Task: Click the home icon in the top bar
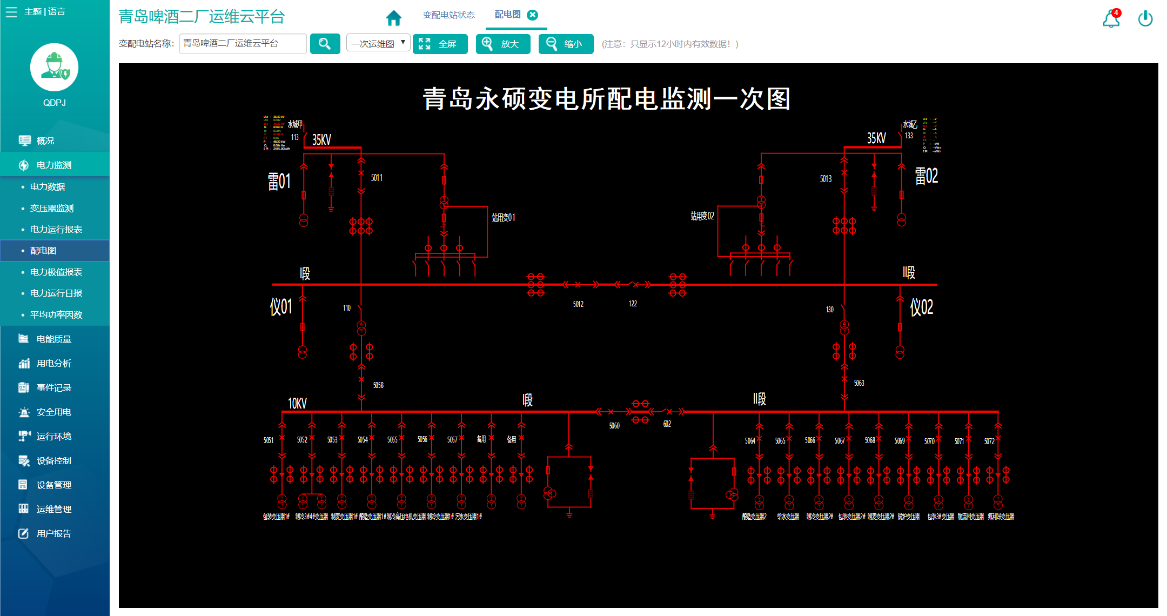click(x=394, y=18)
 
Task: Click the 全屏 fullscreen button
click(x=440, y=44)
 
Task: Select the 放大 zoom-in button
click(x=502, y=44)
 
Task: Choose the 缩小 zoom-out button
click(x=566, y=44)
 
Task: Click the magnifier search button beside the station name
click(x=325, y=44)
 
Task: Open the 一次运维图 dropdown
click(x=378, y=44)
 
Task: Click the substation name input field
click(x=243, y=44)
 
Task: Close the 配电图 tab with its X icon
click(x=533, y=15)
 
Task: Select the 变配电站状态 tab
click(x=448, y=15)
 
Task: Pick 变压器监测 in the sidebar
click(x=52, y=208)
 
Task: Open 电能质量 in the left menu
click(x=53, y=339)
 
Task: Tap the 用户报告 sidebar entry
click(x=53, y=533)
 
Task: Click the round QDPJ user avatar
click(x=55, y=68)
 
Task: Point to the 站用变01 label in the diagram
click(x=504, y=218)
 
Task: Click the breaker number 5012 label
click(x=578, y=304)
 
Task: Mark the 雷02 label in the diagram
click(x=926, y=176)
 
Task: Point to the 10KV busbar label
click(x=297, y=404)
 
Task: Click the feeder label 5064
click(x=750, y=441)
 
